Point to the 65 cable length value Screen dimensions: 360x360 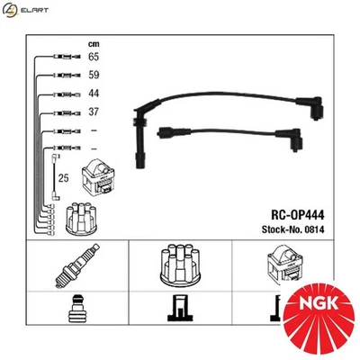(94, 57)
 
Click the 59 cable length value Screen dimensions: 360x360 (94, 76)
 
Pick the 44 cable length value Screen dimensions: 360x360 (94, 94)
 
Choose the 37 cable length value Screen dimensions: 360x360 (94, 113)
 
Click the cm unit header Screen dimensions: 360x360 (94, 42)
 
